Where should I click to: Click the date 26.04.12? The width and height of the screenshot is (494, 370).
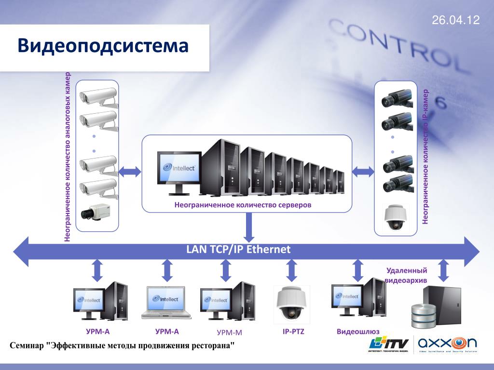coord(456,20)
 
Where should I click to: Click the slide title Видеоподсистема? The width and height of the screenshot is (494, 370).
coord(103,46)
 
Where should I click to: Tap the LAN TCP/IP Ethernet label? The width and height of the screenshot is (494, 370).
coord(238,249)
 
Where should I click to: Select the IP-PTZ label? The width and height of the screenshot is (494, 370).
coord(293,331)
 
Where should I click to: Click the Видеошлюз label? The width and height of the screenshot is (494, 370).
coord(358,332)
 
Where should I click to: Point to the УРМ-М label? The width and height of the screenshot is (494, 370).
coord(229,332)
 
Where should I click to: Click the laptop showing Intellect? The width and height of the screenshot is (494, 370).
coord(166,303)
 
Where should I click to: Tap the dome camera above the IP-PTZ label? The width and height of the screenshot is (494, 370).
coord(292,304)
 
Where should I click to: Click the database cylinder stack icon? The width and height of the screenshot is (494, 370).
coord(423,314)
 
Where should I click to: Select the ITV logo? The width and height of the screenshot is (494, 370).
coord(388,344)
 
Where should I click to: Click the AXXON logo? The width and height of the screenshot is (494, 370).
coord(447,344)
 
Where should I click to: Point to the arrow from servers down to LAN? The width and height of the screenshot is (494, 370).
coord(249,227)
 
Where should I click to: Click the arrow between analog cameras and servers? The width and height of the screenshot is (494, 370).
coord(130,171)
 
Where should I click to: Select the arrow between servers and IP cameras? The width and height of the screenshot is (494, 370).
coord(364,171)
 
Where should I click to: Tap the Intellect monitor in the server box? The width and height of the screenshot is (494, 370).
coord(179,169)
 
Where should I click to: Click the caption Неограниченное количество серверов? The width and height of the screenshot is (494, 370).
coord(243,205)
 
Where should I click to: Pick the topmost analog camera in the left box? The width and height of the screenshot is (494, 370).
coord(99,96)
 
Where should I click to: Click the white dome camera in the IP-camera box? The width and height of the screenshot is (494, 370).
coord(395,218)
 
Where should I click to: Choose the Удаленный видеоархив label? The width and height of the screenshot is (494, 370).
coord(406,275)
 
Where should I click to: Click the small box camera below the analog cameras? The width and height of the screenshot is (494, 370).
coord(97,211)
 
